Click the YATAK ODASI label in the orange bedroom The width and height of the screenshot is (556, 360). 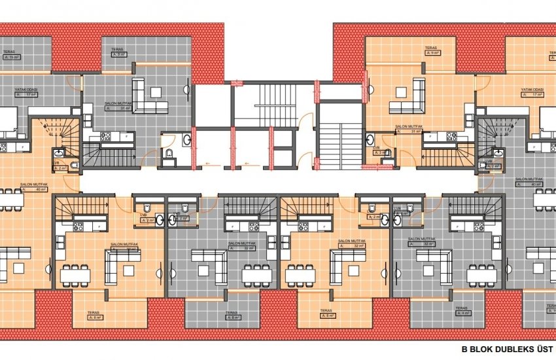[532, 89]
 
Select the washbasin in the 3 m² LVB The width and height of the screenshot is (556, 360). [371, 138]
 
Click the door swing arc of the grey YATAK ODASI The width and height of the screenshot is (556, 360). [76, 82]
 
